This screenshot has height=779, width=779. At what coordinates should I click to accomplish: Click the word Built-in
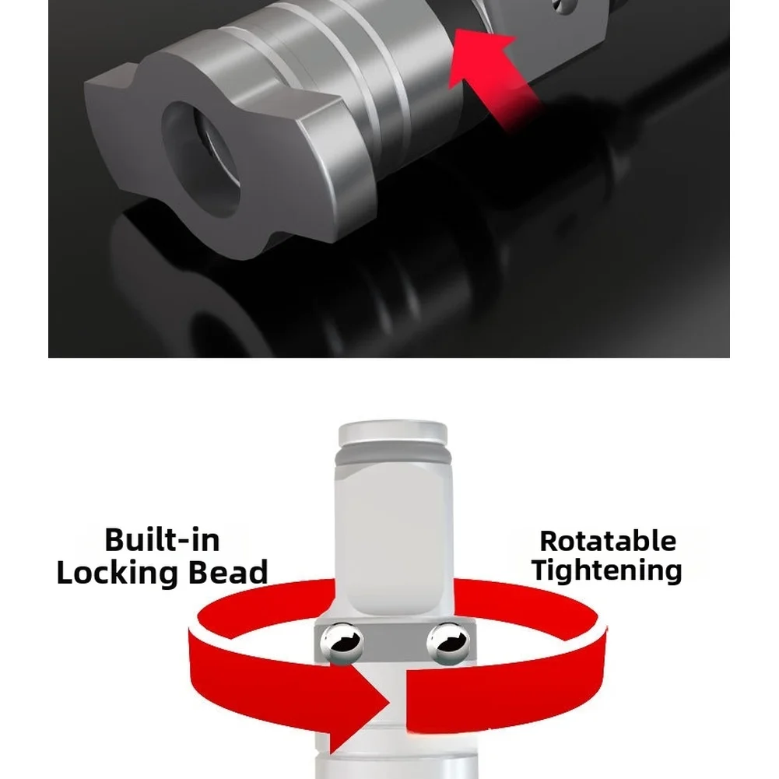[x=162, y=540]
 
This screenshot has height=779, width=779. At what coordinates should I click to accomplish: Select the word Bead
[x=228, y=572]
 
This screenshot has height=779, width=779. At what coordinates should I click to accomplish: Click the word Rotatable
[x=608, y=541]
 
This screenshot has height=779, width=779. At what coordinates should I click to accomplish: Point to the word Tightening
[x=606, y=570]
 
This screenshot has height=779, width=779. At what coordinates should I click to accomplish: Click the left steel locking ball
[x=342, y=644]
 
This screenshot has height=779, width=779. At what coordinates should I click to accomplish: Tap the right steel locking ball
[x=448, y=644]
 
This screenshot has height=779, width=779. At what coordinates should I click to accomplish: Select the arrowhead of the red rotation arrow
[x=360, y=702]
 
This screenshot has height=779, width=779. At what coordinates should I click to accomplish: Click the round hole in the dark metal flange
[x=202, y=158]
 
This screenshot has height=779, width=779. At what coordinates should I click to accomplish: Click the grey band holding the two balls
[x=395, y=641]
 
